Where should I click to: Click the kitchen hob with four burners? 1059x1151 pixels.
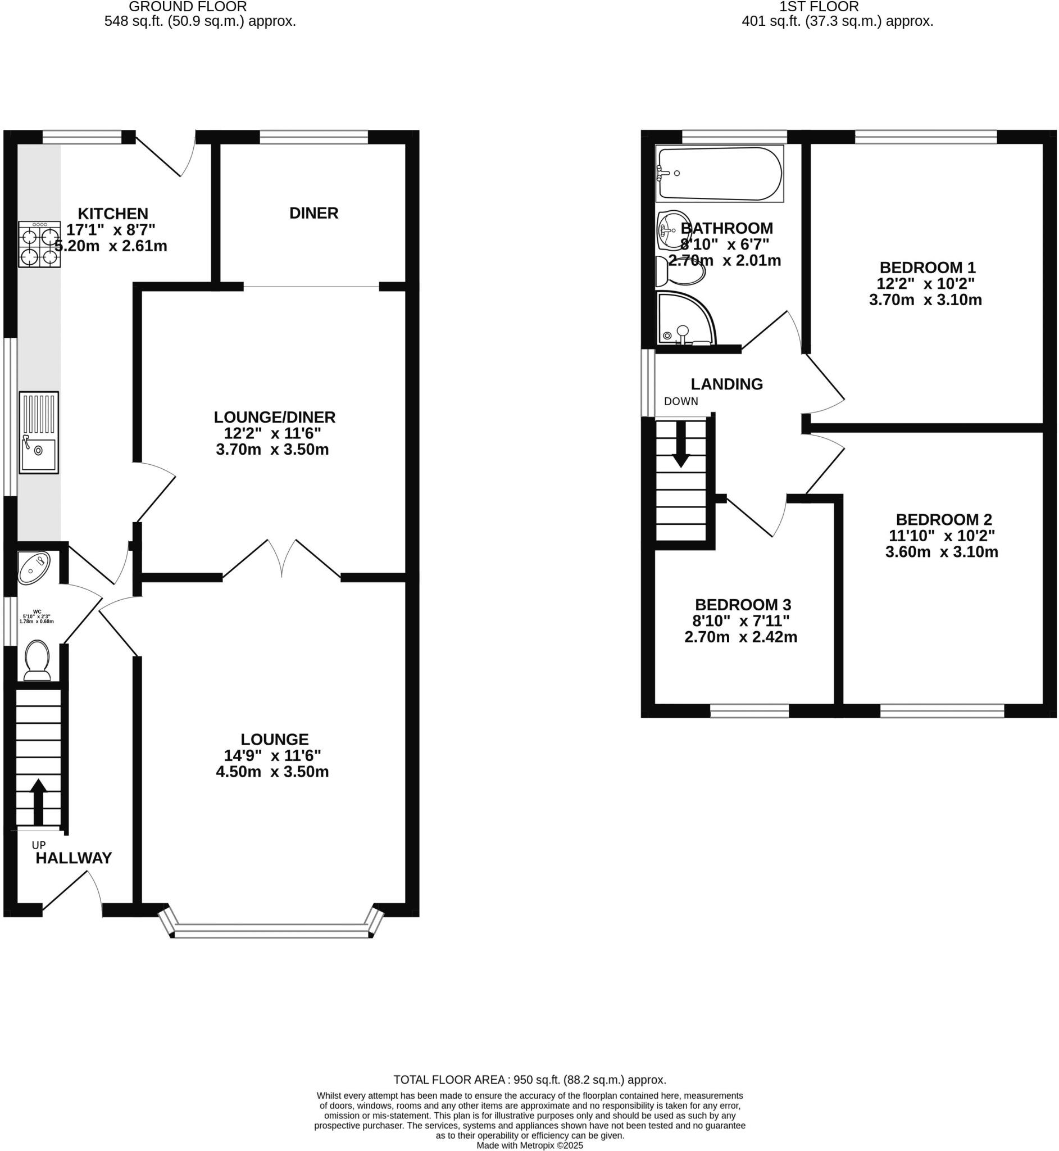point(39,244)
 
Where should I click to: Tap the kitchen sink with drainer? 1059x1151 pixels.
point(39,432)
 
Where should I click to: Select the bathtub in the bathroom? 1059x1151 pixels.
point(719,174)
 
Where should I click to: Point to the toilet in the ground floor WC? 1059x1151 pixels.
point(38,659)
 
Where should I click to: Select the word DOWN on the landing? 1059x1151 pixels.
point(681,401)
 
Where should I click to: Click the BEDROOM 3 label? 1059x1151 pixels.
point(743,605)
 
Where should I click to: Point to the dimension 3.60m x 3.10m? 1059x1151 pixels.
point(942,552)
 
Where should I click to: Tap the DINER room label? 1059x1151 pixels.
point(313,213)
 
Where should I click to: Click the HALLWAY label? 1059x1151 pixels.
point(74,858)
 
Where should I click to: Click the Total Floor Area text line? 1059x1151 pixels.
point(529,1080)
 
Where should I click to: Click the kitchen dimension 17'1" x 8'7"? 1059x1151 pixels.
point(111,230)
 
